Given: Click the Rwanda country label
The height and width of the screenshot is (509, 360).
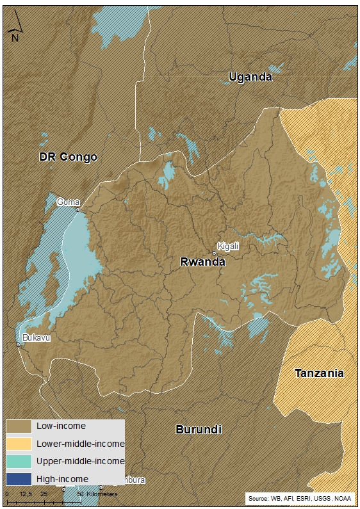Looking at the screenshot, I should (x=202, y=261).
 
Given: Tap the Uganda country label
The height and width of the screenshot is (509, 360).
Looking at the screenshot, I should (x=250, y=77).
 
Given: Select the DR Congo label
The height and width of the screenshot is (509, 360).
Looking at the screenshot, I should (x=68, y=157).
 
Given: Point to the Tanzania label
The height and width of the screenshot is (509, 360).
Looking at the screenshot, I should (x=319, y=373).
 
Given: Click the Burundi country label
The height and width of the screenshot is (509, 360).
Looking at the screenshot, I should (x=199, y=430).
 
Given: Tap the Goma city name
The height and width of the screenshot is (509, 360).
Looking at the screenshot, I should (x=69, y=202).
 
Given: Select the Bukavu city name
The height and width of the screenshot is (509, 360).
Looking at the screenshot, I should (x=36, y=337).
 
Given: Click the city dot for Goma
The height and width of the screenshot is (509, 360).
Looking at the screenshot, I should (x=78, y=209).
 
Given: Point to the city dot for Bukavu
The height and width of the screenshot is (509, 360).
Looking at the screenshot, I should (x=19, y=345).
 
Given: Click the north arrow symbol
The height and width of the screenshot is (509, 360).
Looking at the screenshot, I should (x=15, y=28).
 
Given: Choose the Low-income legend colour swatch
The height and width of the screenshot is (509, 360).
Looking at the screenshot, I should (x=19, y=426).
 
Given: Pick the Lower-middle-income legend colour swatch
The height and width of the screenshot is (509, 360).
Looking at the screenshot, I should (x=19, y=443).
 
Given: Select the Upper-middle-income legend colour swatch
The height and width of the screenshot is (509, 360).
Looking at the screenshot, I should (x=19, y=460).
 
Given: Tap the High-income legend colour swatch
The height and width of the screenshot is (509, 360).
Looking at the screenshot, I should (x=19, y=478).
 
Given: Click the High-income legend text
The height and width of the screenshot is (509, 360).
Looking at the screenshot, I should (x=62, y=478).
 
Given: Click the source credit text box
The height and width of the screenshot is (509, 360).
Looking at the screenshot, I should (x=300, y=498).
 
